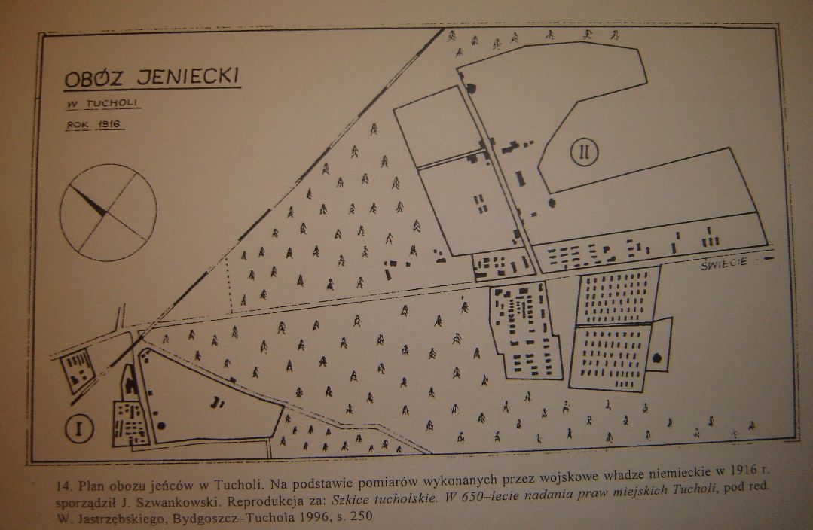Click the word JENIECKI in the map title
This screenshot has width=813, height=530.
coord(188,75)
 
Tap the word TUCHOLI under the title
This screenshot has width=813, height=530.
coord(112,102)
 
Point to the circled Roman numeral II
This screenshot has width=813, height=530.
coord(585,152)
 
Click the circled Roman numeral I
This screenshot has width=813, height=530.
coord(79,428)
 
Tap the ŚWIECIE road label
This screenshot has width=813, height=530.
coord(724,263)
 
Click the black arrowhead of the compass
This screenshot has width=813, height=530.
coord(90,200)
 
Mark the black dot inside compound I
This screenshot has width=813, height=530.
coord(162,426)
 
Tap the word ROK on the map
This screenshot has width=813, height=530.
coord(78,125)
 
